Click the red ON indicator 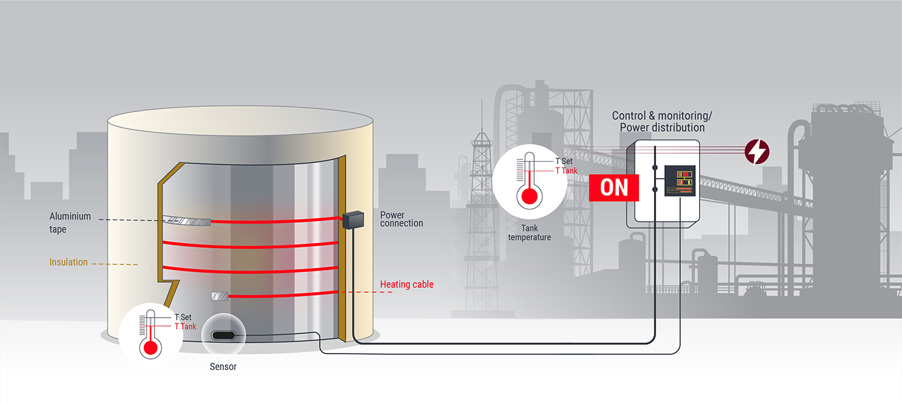[x=613, y=188]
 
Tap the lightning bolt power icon [x=756, y=151]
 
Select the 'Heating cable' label [x=407, y=284]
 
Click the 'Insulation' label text [x=68, y=262]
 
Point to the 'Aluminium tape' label [x=70, y=222]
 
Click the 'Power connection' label [x=401, y=219]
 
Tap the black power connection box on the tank [x=352, y=219]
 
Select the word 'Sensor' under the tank [x=223, y=367]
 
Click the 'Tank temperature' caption [x=530, y=233]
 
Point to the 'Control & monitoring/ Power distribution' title [x=662, y=121]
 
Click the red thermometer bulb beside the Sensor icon [x=151, y=348]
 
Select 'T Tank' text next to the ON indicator [x=566, y=171]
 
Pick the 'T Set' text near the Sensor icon [x=183, y=317]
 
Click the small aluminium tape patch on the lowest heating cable [x=220, y=296]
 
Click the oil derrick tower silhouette [x=480, y=193]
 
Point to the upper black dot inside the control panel [x=655, y=168]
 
